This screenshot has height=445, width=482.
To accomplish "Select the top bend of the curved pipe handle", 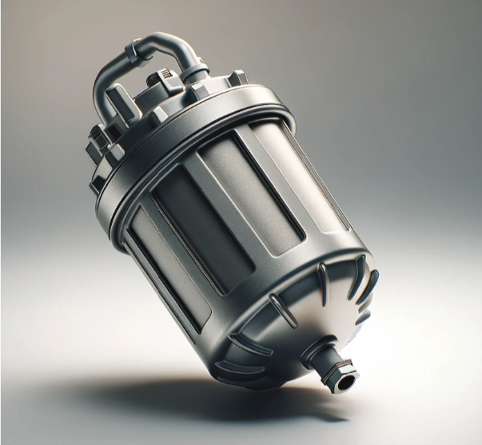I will [164, 39].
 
